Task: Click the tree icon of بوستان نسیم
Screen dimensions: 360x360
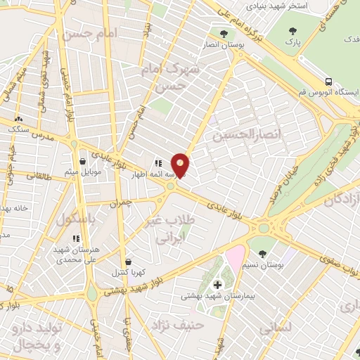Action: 262,253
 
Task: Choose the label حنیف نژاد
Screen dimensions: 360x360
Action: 179,325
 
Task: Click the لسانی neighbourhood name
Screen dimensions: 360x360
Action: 275,327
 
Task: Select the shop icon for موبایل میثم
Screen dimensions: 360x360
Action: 84,160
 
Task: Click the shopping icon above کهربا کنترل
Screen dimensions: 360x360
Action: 127,260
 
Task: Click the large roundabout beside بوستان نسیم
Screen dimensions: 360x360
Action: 264,227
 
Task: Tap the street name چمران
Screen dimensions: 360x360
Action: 120,203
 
